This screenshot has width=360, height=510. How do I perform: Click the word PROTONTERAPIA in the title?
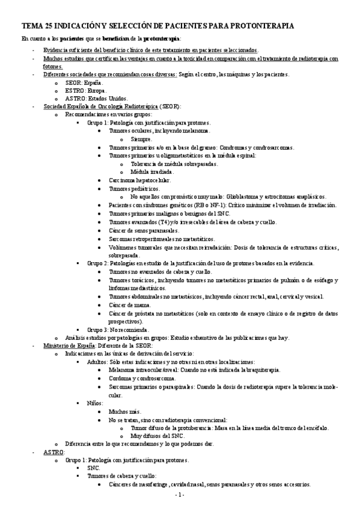tap(264, 26)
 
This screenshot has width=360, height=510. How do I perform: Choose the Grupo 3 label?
tap(100, 330)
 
